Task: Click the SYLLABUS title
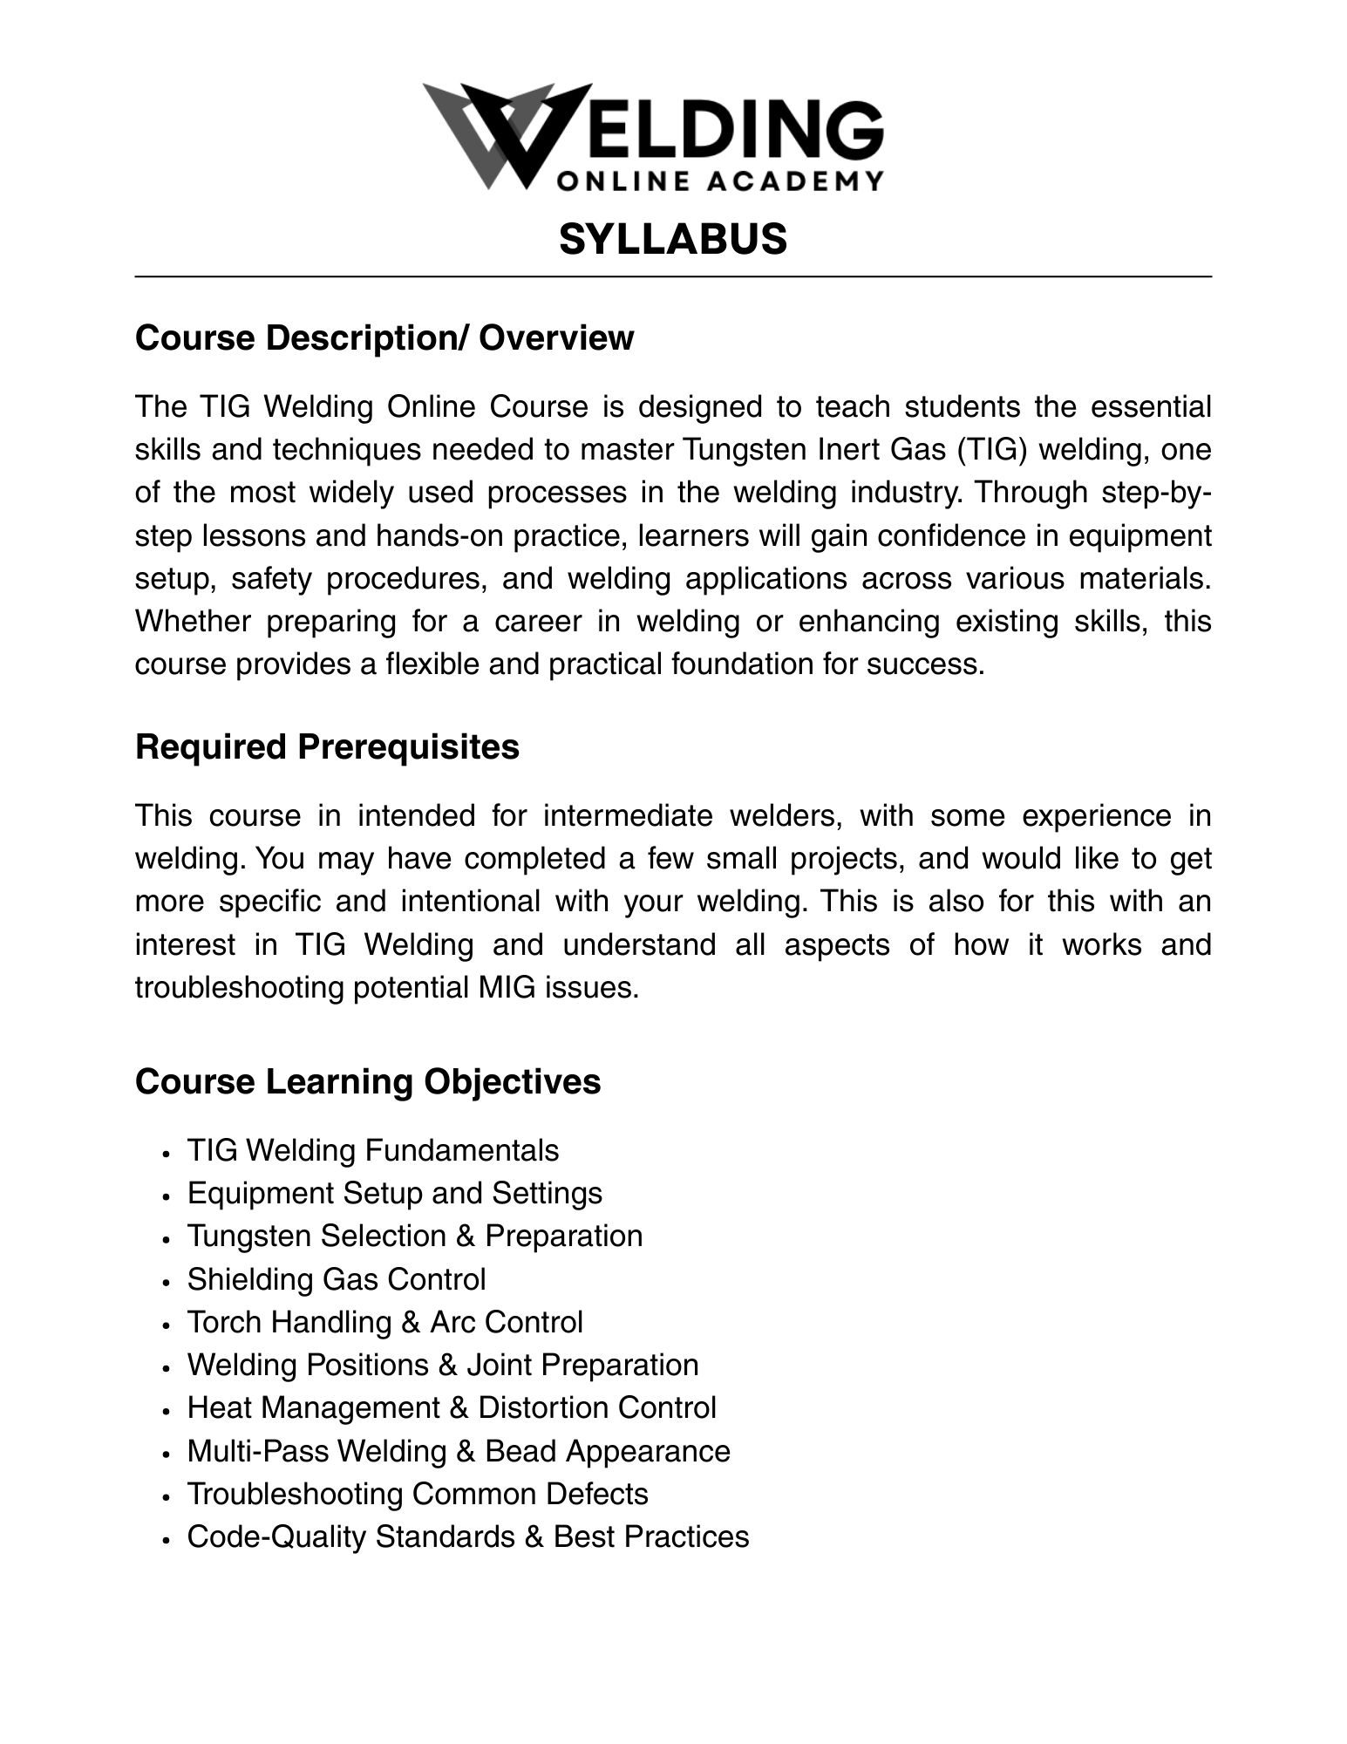click(x=672, y=239)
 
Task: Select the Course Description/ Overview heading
click(x=384, y=338)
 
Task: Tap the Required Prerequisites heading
click(x=327, y=747)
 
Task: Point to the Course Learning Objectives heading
click(x=368, y=1081)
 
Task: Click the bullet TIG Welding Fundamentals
click(x=372, y=1150)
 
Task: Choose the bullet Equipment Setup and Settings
click(x=394, y=1193)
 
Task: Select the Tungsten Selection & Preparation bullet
click(x=414, y=1236)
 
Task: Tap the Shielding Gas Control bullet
click(x=336, y=1279)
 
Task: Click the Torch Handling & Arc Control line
click(x=384, y=1322)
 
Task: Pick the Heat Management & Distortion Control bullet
click(x=451, y=1407)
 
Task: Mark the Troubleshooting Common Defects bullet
click(x=417, y=1494)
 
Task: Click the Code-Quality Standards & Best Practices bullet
click(x=467, y=1536)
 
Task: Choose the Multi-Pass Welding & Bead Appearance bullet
click(x=458, y=1451)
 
